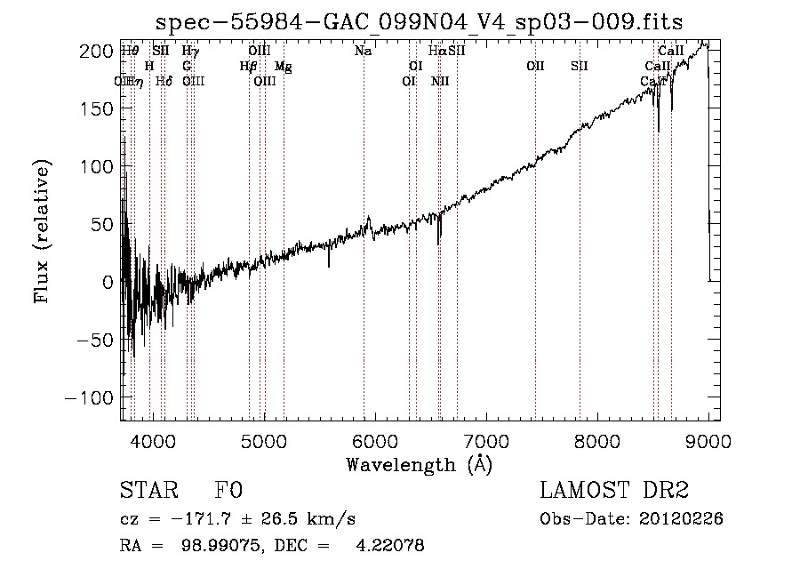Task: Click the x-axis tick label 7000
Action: tap(486, 441)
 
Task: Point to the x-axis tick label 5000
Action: tap(264, 441)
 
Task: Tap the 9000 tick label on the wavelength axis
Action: tap(708, 441)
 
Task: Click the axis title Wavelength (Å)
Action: tap(419, 464)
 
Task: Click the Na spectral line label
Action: tap(363, 52)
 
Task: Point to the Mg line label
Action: tap(283, 67)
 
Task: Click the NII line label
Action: tap(440, 81)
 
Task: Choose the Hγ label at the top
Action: tap(190, 52)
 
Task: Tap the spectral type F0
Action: tap(228, 491)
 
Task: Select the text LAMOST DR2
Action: tap(614, 491)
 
